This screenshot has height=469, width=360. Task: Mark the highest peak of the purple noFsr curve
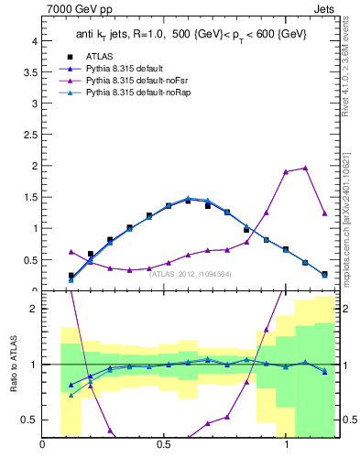[305, 168]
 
